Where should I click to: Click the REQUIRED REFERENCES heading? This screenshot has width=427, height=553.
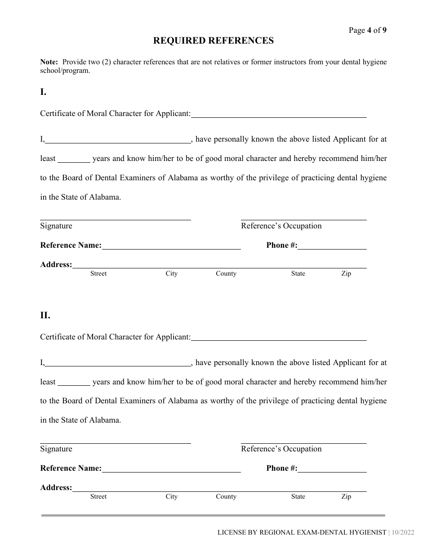pos(213,41)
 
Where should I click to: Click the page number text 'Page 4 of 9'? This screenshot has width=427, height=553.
pos(367,31)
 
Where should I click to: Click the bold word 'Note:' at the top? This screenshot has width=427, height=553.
pos(49,62)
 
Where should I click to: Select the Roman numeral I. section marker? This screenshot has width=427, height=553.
pos(43,92)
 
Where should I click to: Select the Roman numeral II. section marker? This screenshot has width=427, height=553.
pos(45,315)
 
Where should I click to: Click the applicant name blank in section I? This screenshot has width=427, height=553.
pos(279,114)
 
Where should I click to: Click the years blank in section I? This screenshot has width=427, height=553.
pos(74,158)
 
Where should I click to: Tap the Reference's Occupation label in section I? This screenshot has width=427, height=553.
pos(281,226)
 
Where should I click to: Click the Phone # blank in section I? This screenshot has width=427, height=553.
pos(332,245)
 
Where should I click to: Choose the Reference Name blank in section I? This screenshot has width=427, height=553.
pos(171,245)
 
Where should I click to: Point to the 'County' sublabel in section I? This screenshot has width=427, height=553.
pos(226,273)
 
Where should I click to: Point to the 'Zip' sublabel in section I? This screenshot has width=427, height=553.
pos(346,273)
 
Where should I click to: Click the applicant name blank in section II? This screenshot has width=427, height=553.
pos(279,337)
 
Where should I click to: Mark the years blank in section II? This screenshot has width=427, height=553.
pos(74,382)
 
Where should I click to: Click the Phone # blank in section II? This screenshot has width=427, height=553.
pos(332,468)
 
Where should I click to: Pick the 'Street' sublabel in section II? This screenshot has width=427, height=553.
pos(98,496)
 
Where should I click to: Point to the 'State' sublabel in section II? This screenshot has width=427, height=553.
pos(298,496)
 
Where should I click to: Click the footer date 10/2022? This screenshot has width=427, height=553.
pos(403,532)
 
